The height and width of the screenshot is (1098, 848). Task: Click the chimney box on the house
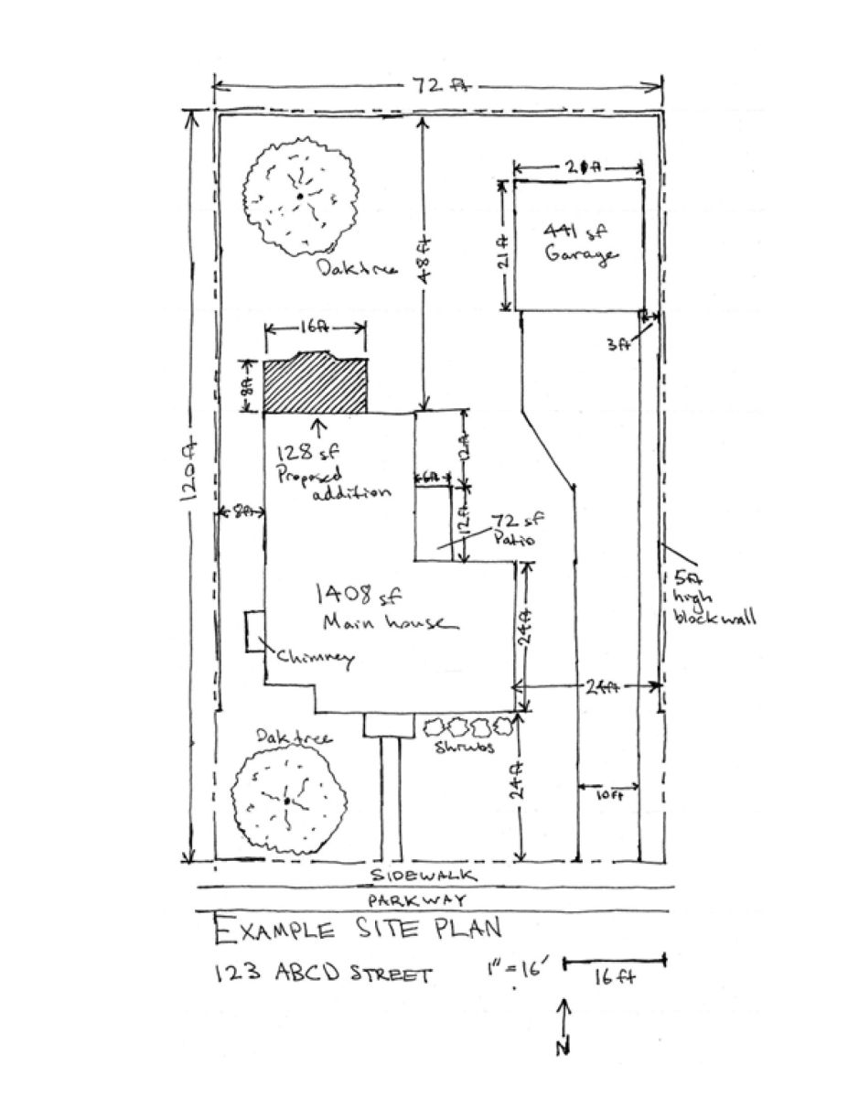click(x=254, y=632)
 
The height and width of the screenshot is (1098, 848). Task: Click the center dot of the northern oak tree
click(x=299, y=195)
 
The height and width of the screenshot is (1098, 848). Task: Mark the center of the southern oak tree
click(x=286, y=801)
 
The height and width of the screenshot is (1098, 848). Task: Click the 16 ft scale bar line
click(x=614, y=961)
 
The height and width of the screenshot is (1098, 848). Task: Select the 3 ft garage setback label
click(x=621, y=343)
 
